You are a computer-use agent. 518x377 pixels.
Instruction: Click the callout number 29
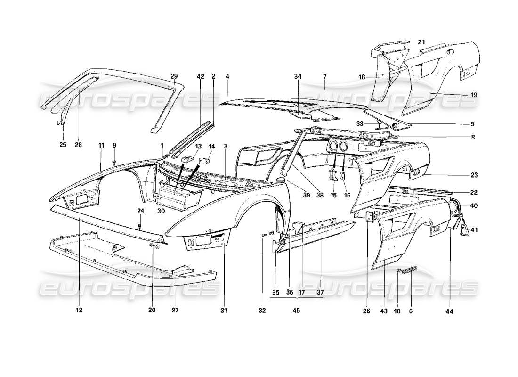[x=174, y=76]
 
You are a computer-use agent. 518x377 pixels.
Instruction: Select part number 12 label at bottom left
[x=79, y=311]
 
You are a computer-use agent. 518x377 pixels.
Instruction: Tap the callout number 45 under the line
[x=296, y=311]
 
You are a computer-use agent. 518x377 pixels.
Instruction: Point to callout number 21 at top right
[x=421, y=42]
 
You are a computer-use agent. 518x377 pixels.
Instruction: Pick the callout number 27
[x=175, y=311]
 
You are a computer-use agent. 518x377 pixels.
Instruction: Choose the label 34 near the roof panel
[x=298, y=76]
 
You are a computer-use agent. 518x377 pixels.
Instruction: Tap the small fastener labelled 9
[x=114, y=163]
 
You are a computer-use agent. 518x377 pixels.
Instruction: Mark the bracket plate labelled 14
[x=206, y=161]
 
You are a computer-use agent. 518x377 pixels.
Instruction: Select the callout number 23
[x=474, y=175]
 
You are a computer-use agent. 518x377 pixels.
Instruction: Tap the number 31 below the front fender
[x=224, y=311]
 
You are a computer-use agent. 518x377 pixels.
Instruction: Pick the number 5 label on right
[x=472, y=124]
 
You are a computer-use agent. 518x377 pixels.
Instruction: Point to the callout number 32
[x=262, y=311]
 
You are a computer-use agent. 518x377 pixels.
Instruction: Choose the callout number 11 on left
[x=101, y=146]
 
